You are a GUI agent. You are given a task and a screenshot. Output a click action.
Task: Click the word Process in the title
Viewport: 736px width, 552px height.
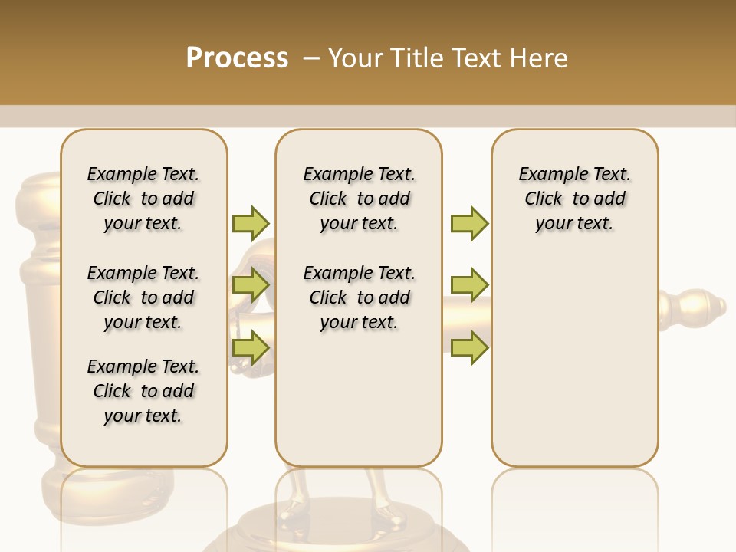237,58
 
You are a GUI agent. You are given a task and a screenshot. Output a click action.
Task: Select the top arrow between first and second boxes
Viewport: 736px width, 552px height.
251,223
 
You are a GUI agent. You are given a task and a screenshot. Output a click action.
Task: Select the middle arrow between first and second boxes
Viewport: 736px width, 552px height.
251,284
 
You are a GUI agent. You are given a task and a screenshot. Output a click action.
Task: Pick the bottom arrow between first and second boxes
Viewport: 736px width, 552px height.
251,347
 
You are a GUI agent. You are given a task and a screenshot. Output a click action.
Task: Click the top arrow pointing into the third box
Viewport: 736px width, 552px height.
469,223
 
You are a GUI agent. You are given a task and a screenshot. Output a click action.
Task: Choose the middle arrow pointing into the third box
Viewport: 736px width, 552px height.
469,284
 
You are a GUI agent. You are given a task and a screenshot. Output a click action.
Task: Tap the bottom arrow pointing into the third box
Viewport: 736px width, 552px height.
469,347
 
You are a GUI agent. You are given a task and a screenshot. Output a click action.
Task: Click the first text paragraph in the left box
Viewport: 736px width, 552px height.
143,199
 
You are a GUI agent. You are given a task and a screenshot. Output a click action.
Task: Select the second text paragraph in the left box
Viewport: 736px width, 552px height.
143,297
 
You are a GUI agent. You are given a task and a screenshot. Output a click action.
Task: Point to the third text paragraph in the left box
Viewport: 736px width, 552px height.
143,391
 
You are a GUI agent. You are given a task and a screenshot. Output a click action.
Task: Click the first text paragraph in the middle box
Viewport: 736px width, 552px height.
360,199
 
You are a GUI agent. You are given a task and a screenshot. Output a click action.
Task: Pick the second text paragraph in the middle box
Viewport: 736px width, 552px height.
360,297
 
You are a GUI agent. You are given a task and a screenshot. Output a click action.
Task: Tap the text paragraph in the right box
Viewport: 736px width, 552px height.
575,199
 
